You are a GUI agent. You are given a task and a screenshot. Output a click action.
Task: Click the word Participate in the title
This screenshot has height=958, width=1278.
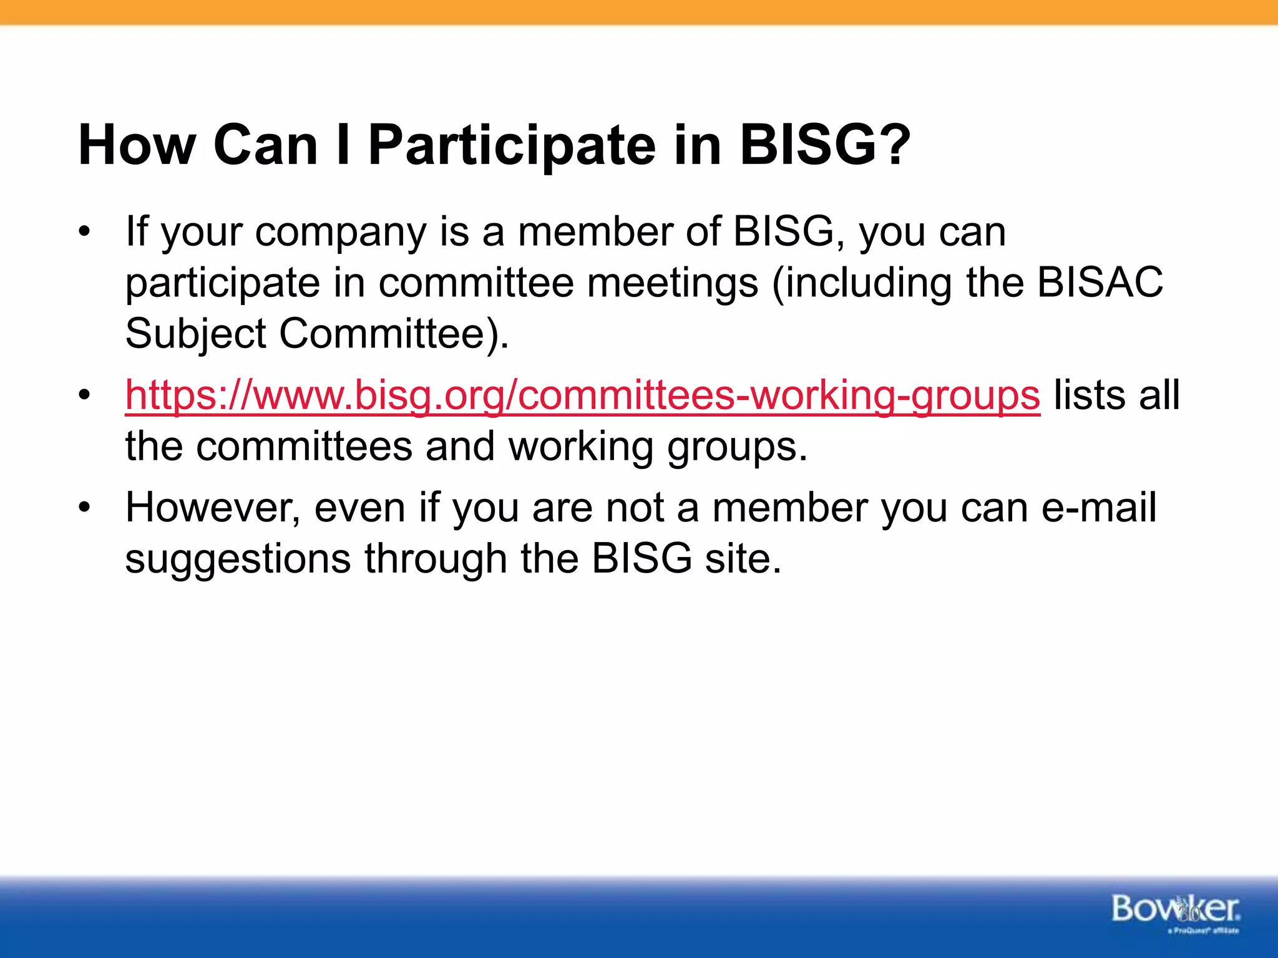[512, 147]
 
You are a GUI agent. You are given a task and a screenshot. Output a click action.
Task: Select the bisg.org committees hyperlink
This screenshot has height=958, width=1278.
[582, 395]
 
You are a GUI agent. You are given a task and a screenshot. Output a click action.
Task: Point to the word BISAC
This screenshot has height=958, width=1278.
[1100, 283]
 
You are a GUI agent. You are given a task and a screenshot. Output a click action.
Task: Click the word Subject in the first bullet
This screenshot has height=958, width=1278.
[195, 334]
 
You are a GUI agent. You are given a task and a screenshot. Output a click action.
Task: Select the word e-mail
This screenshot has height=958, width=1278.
[1099, 507]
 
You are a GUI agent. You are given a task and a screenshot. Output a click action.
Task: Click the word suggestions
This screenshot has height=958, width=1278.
[237, 558]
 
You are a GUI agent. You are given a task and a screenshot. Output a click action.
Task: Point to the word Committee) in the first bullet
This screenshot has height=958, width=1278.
[393, 334]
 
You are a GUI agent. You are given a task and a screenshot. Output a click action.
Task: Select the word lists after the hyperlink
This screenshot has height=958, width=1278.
[1088, 395]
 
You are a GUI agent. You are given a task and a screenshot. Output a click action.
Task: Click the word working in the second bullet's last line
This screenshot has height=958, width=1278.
[580, 447]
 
